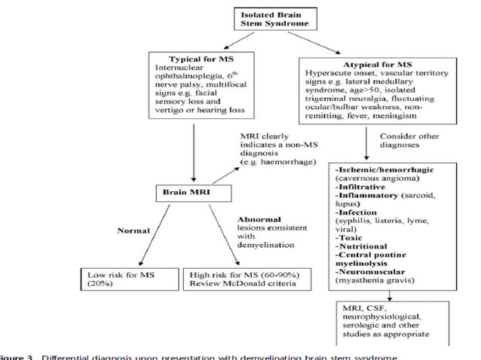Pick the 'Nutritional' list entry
point(361,246)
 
